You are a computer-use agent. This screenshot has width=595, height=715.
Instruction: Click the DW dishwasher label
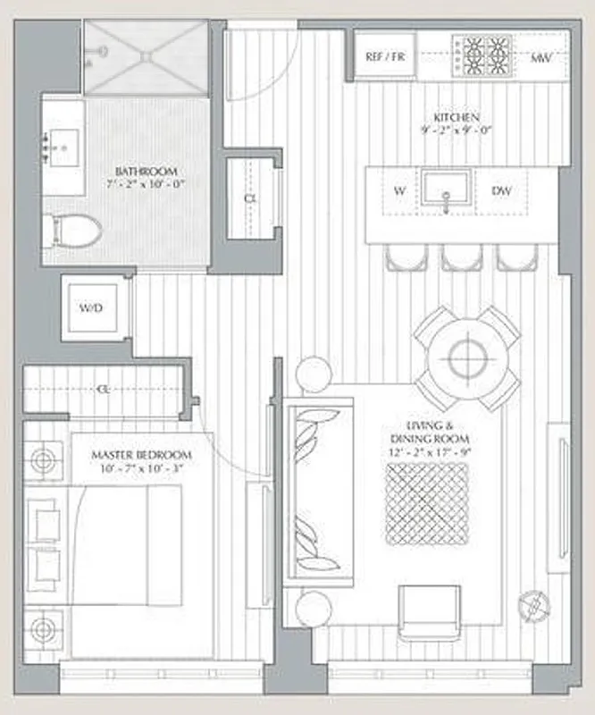[x=502, y=190]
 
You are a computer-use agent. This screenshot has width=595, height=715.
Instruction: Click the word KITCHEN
[x=457, y=118]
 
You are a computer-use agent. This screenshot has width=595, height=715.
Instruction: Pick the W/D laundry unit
[x=91, y=309]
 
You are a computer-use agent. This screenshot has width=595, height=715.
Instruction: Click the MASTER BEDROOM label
[x=141, y=455]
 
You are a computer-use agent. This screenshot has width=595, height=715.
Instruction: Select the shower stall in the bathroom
[x=147, y=56]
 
